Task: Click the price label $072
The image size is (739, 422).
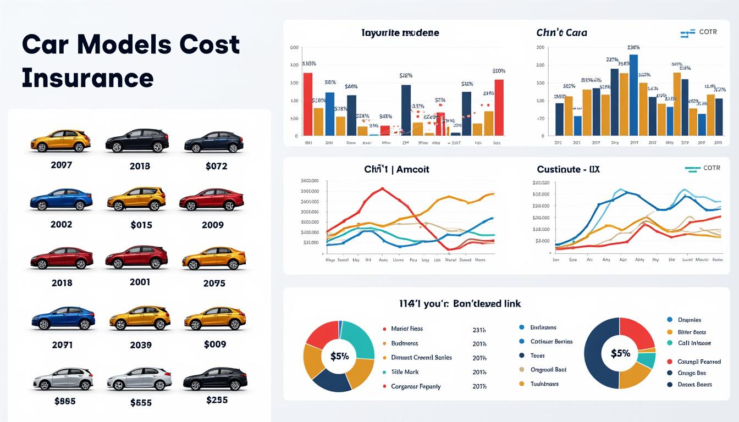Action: click(x=216, y=166)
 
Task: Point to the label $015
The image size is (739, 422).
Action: click(x=141, y=225)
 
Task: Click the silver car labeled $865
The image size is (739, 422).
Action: click(x=63, y=379)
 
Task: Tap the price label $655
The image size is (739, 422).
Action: click(x=141, y=403)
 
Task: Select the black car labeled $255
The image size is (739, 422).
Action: click(x=215, y=379)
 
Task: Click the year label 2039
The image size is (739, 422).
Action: click(x=141, y=345)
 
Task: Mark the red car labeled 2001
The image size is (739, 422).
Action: click(x=136, y=257)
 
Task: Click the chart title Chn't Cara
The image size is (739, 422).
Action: click(x=561, y=32)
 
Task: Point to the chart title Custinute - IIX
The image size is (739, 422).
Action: click(x=568, y=169)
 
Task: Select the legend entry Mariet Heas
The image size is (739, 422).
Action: click(x=406, y=329)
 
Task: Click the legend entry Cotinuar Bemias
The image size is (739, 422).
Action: click(x=551, y=341)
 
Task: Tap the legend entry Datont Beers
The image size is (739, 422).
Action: click(x=696, y=385)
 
